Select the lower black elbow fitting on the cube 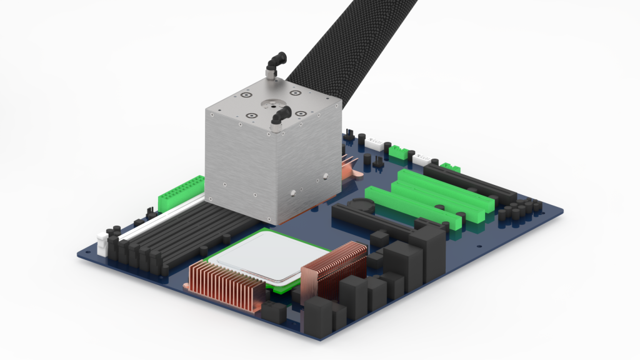tap(281, 115)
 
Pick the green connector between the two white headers tap(398, 151)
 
